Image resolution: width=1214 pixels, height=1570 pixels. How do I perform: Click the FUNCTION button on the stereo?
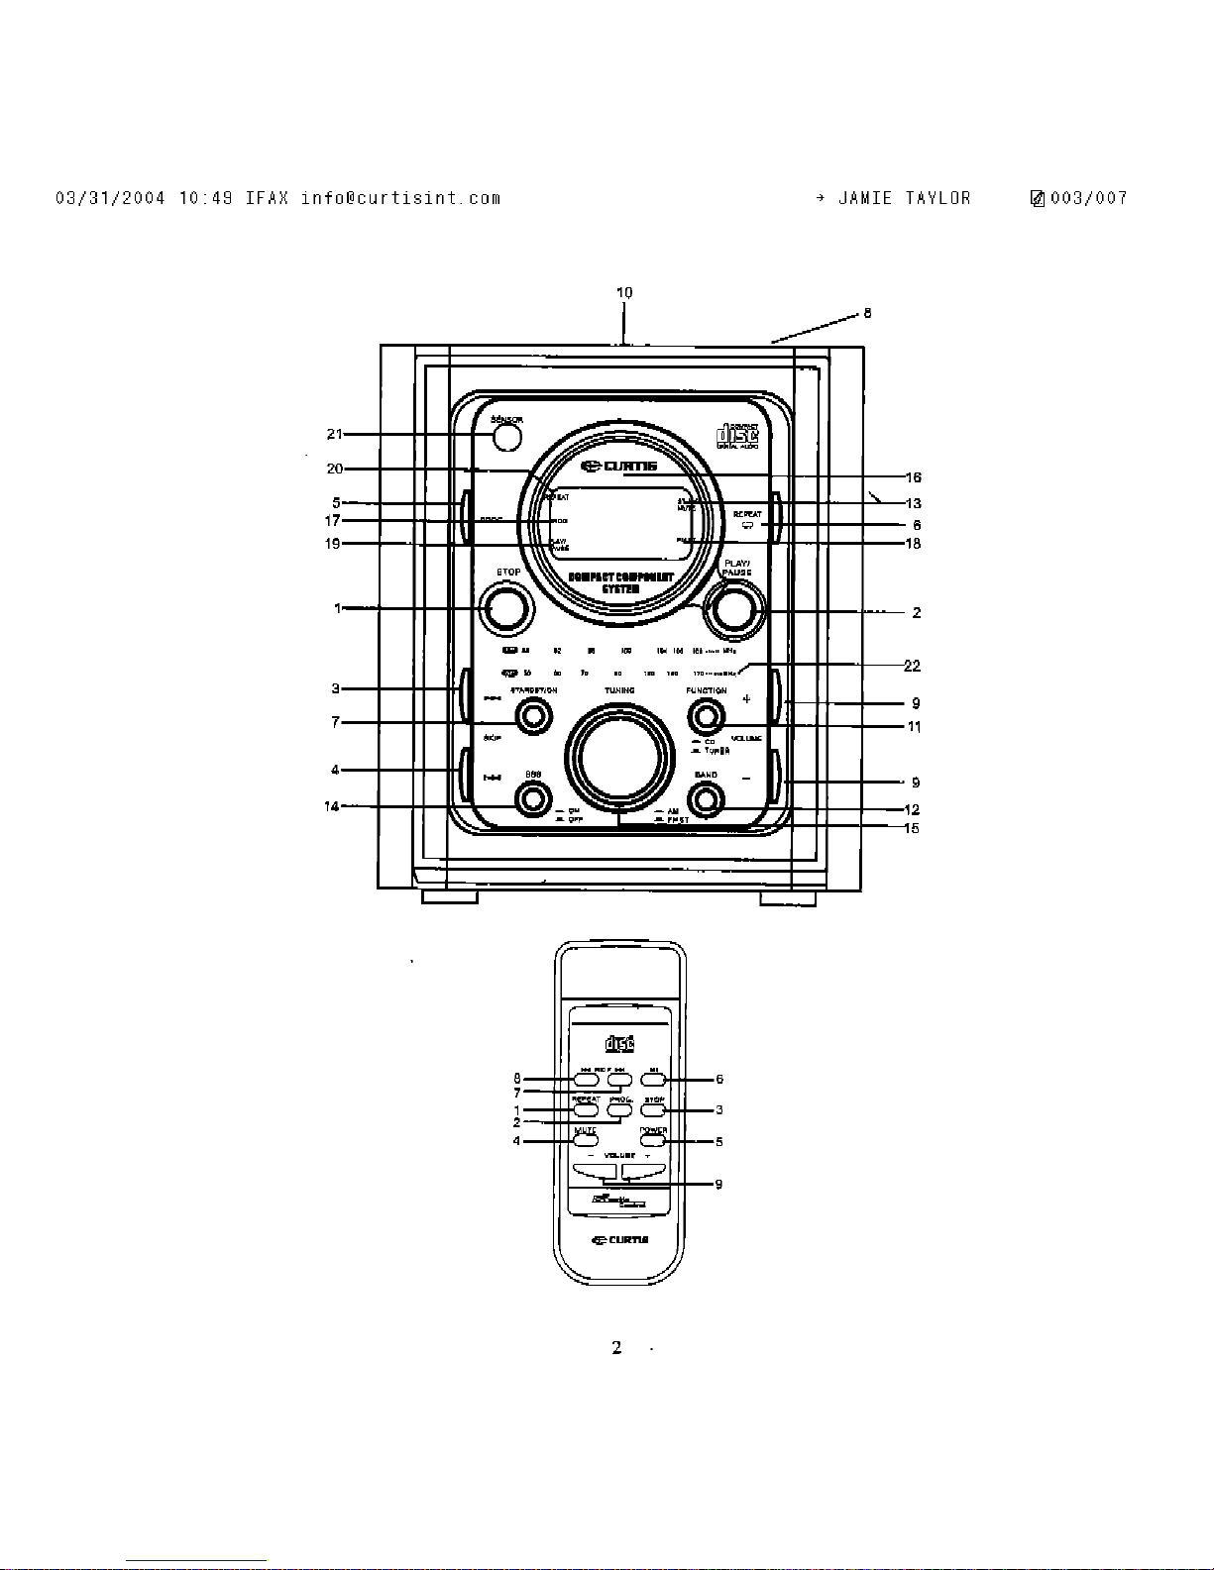pyautogui.click(x=706, y=715)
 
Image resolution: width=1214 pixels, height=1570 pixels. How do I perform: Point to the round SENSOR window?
pyautogui.click(x=506, y=434)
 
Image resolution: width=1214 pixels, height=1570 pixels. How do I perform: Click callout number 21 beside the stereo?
pyautogui.click(x=335, y=434)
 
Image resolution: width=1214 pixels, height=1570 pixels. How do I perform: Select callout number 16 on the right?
pyautogui.click(x=914, y=477)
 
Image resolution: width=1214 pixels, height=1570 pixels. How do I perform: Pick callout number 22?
pyautogui.click(x=914, y=666)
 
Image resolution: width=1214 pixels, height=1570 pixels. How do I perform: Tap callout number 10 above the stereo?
pyautogui.click(x=624, y=292)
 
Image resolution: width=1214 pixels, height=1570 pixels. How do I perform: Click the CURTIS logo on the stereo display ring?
pyautogui.click(x=620, y=468)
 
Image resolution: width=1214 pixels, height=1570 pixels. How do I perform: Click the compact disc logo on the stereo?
pyautogui.click(x=737, y=436)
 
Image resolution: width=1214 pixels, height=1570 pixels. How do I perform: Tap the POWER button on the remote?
pyautogui.click(x=652, y=1141)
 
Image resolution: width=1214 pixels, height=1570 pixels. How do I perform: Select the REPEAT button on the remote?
pyautogui.click(x=586, y=1109)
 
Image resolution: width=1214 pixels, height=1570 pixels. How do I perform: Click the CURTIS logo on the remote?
pyautogui.click(x=619, y=1239)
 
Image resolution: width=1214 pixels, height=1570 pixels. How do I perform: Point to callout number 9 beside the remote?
pyautogui.click(x=718, y=1184)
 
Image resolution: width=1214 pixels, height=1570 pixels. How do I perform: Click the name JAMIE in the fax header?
pyautogui.click(x=864, y=198)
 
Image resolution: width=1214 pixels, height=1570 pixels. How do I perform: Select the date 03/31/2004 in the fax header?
pyautogui.click(x=109, y=198)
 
